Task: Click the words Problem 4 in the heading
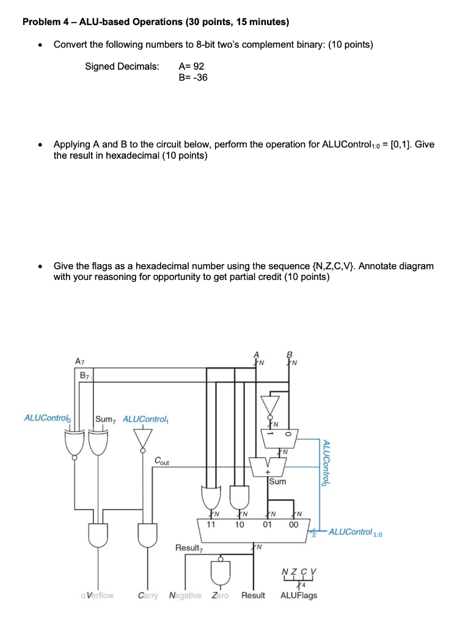pyautogui.click(x=46, y=23)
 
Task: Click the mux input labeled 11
pyautogui.click(x=211, y=525)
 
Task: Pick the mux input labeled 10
pyautogui.click(x=239, y=525)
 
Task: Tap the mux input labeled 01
pyautogui.click(x=267, y=525)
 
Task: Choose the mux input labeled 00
pyautogui.click(x=294, y=525)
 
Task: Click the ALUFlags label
pyautogui.click(x=299, y=595)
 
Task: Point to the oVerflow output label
pyautogui.click(x=97, y=595)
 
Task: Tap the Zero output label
pyautogui.click(x=220, y=595)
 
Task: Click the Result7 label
pyautogui.click(x=189, y=548)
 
